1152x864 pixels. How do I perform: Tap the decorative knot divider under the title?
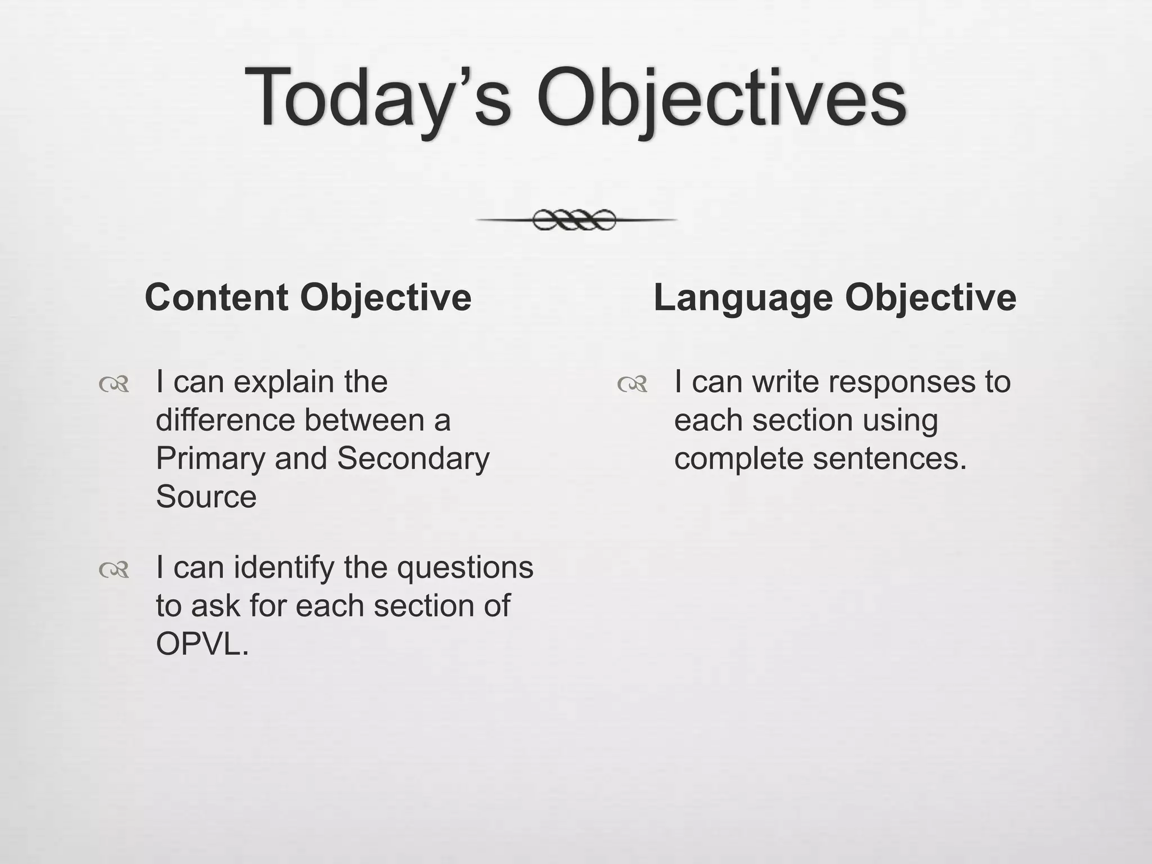tap(575, 220)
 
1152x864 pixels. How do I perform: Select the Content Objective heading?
tap(308, 297)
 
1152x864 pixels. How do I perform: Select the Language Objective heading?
tap(835, 297)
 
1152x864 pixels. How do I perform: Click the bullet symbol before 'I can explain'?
tap(114, 385)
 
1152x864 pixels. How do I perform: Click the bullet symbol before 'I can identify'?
tap(114, 570)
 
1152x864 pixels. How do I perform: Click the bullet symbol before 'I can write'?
tap(632, 385)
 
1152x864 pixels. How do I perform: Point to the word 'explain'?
tap(283, 382)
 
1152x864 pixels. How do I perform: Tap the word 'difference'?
tap(225, 420)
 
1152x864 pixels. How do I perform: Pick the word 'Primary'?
tap(209, 459)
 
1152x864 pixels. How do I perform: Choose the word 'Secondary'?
tap(413, 458)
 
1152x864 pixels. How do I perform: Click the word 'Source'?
tap(206, 497)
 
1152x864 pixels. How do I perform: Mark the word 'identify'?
tap(284, 568)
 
